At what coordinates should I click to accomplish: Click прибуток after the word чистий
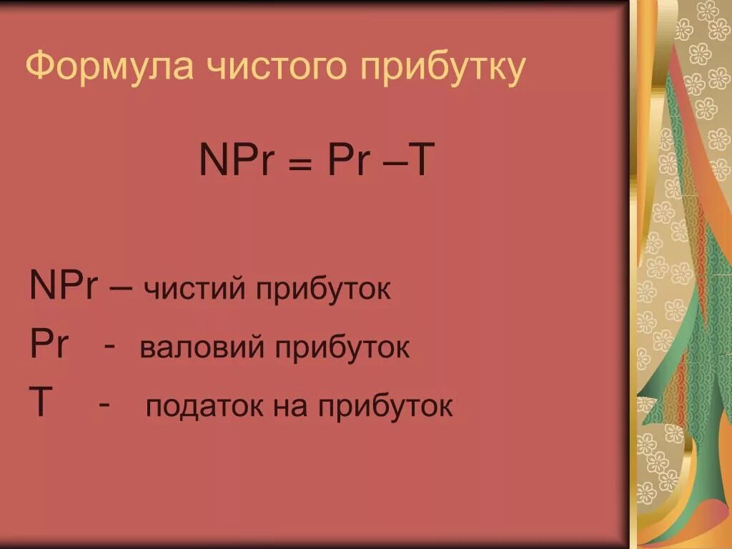(x=320, y=290)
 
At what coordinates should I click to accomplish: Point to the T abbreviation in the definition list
(x=40, y=401)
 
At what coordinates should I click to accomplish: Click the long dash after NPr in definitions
(x=121, y=287)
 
